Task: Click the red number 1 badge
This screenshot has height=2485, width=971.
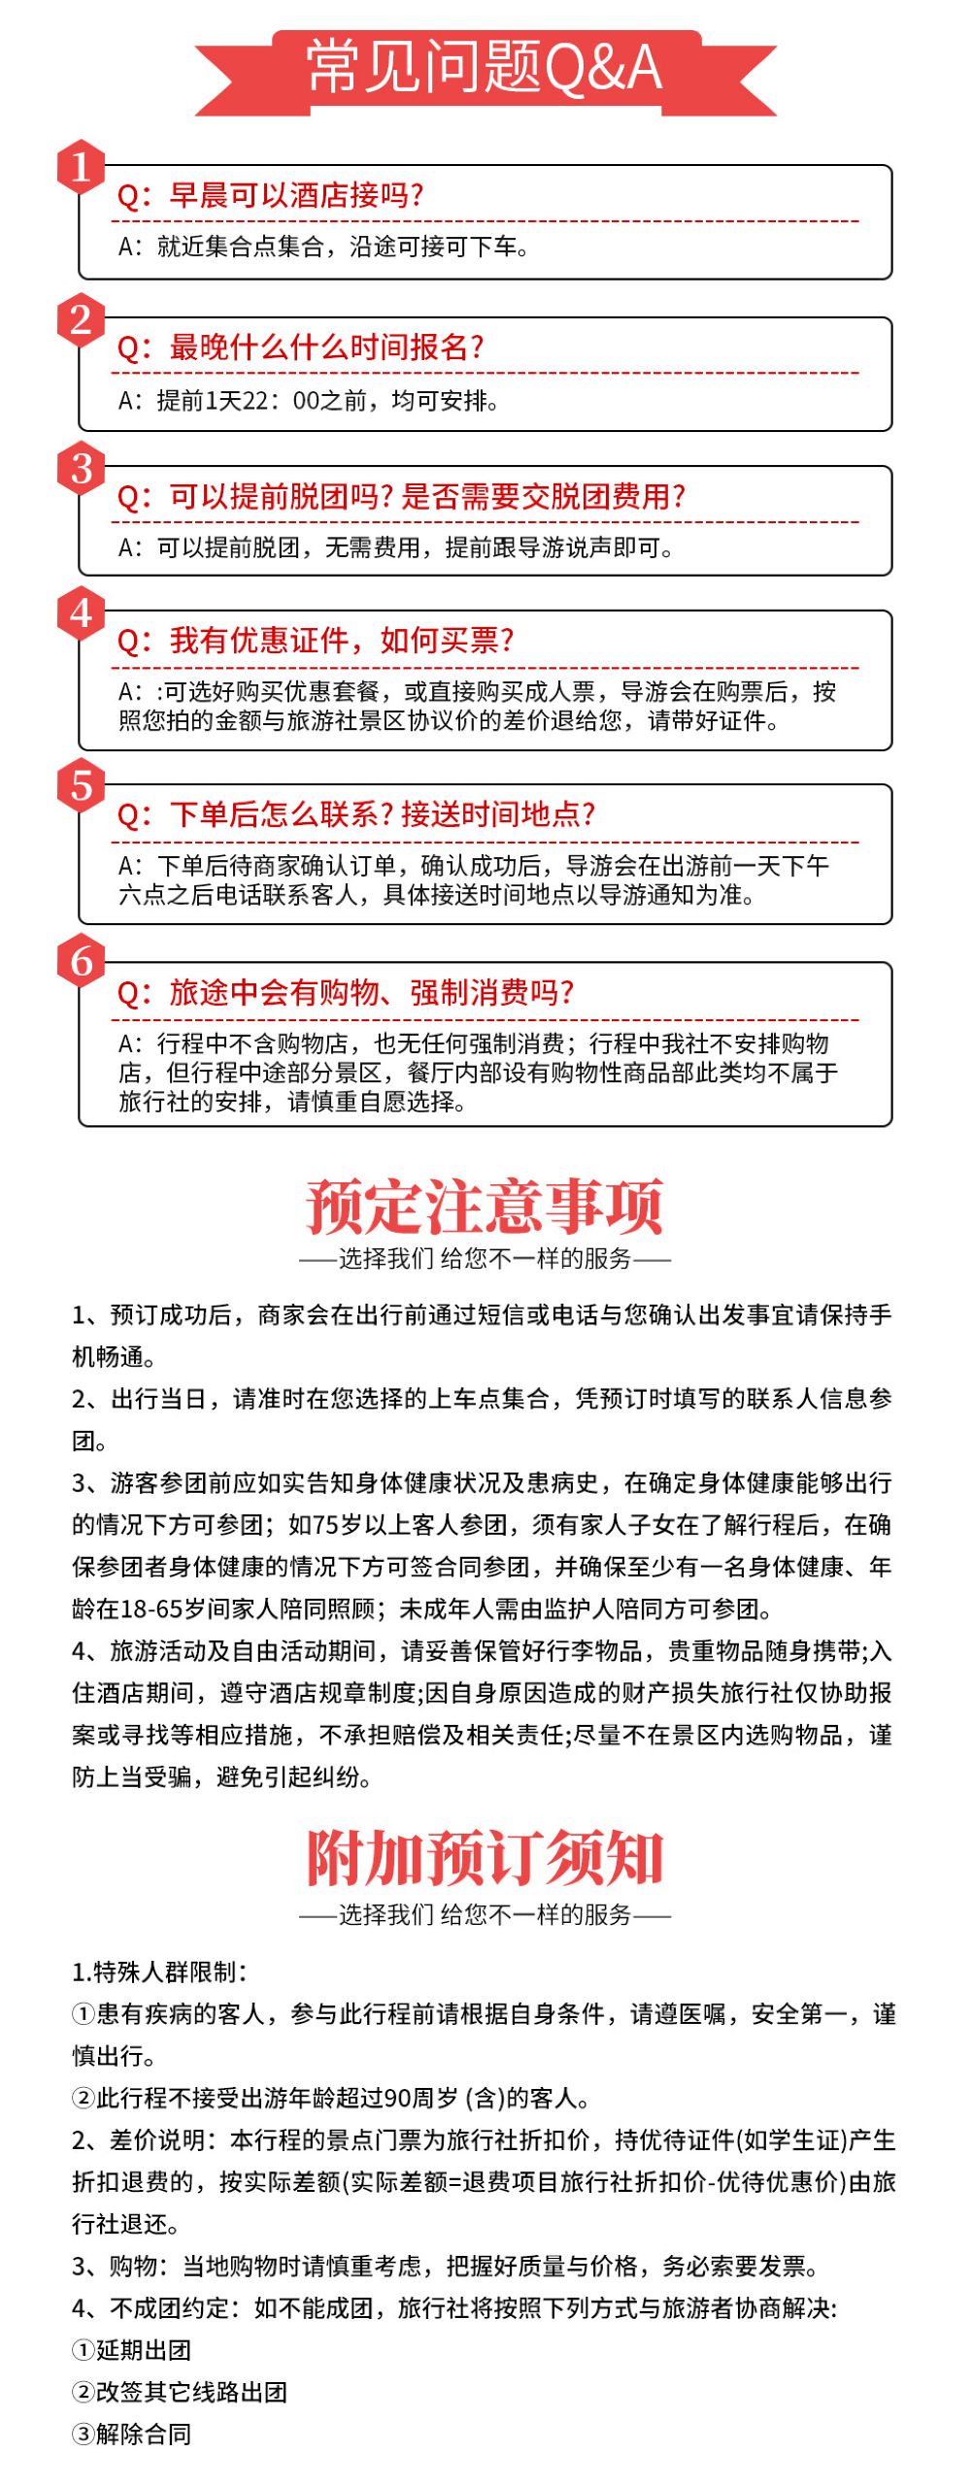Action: (82, 168)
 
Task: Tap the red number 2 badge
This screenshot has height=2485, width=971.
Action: (82, 319)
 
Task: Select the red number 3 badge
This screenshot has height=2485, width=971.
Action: (82, 469)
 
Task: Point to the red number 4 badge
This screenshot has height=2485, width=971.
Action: (82, 613)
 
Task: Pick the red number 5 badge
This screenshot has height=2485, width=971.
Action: (82, 786)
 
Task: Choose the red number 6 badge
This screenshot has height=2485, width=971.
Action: (82, 963)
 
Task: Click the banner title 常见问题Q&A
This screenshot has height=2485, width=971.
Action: (485, 69)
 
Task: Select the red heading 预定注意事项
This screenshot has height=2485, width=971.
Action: (485, 1206)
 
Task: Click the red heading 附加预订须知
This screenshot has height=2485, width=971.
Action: (485, 1858)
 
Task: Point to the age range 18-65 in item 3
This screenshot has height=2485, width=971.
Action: (151, 1609)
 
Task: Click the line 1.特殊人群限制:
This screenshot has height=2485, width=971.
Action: (159, 1971)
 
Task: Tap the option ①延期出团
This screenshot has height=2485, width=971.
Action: (132, 2349)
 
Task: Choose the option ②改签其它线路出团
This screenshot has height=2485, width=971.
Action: (180, 2391)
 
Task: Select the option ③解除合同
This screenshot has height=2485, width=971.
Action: (132, 2434)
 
